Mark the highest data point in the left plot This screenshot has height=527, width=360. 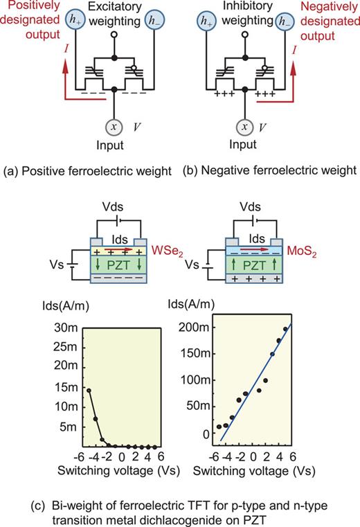[x=89, y=390]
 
